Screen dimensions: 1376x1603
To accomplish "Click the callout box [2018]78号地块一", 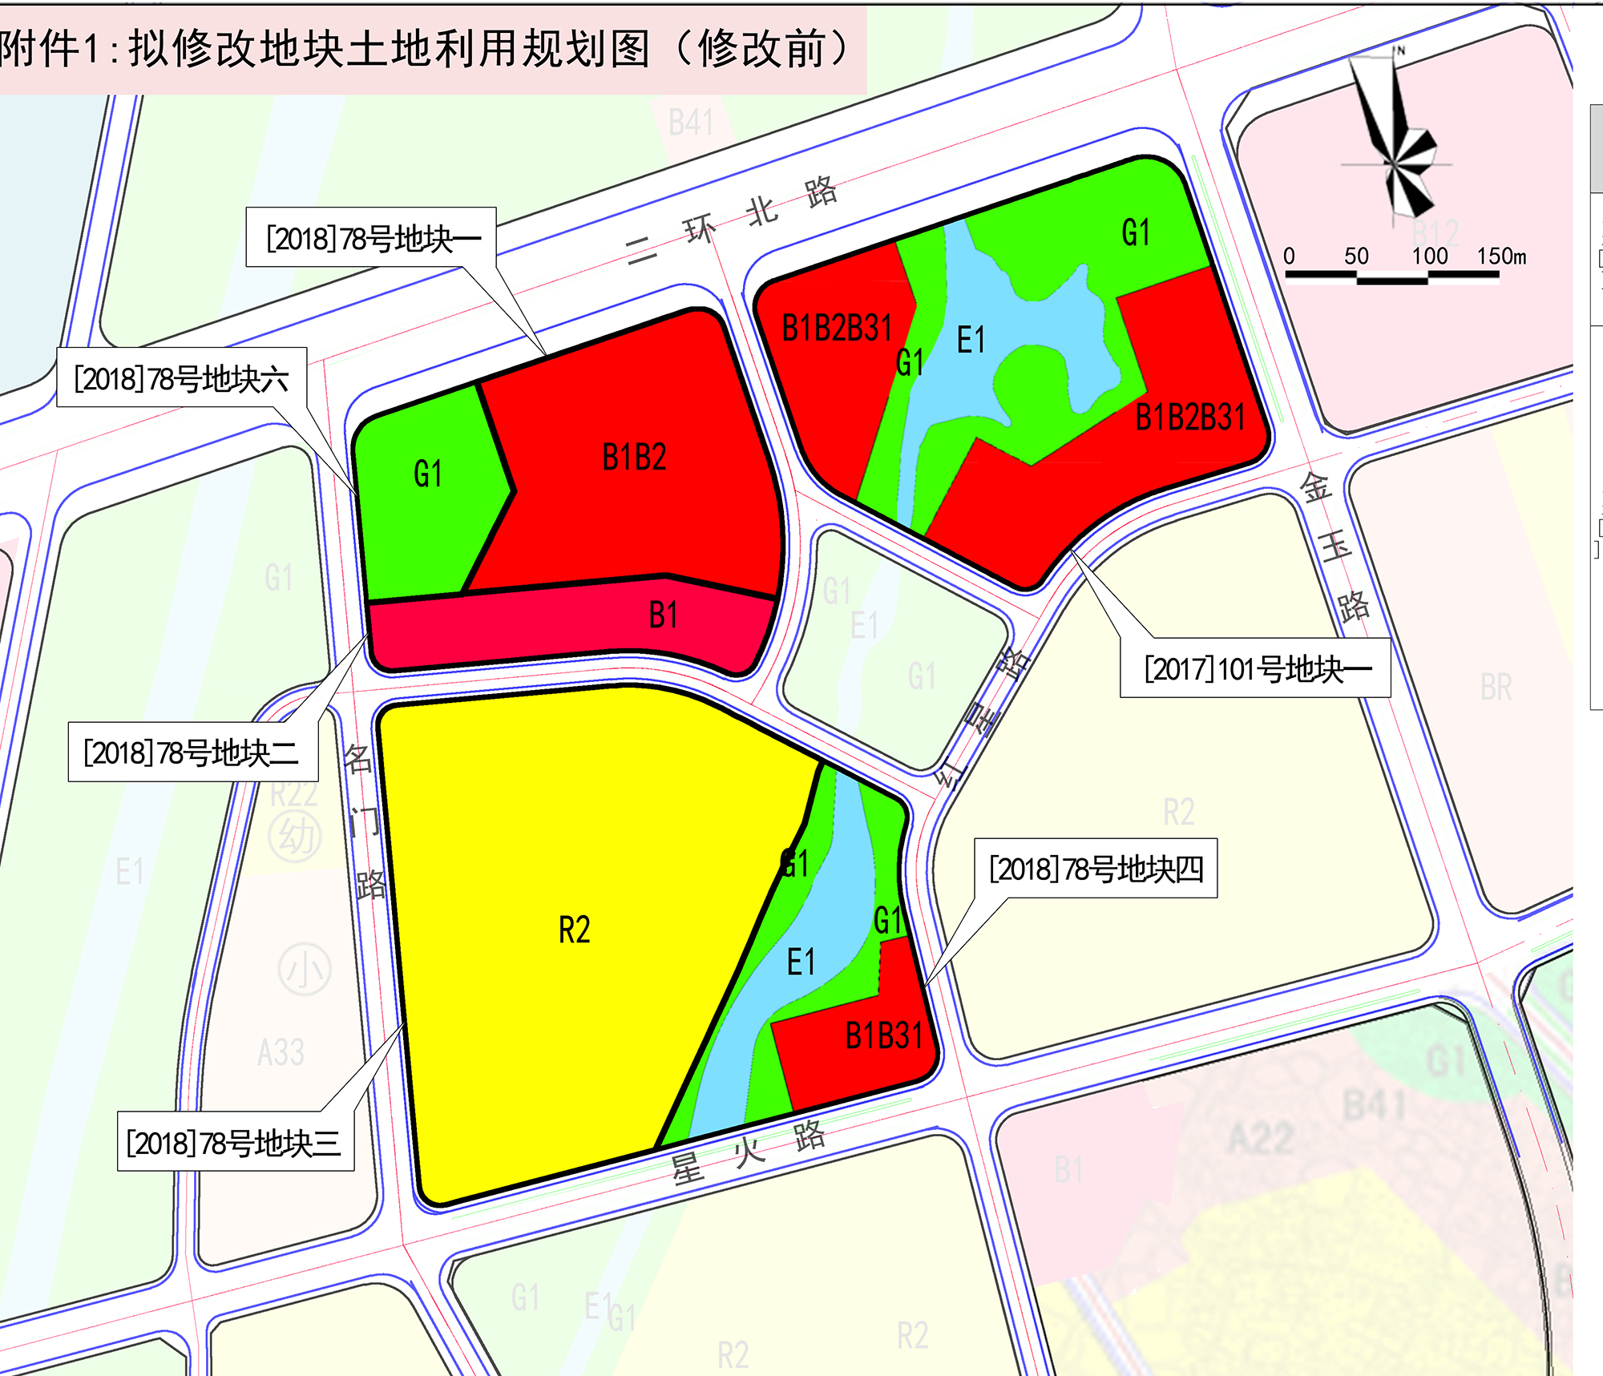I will (x=371, y=238).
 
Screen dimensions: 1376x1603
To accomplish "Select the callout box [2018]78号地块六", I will (x=182, y=377).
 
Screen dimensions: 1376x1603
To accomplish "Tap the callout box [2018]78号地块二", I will (x=192, y=752).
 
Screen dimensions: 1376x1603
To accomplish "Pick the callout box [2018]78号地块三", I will (x=235, y=1142).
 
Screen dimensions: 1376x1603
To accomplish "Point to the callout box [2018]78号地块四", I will (x=1096, y=869).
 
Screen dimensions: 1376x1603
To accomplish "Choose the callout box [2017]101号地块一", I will (x=1255, y=668).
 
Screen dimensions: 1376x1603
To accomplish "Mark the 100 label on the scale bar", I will (x=1429, y=256).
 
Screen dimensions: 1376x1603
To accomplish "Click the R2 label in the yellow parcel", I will (x=574, y=930).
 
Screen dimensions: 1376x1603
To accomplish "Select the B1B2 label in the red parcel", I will (x=634, y=458).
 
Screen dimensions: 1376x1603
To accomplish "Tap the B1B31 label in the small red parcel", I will (x=884, y=1036).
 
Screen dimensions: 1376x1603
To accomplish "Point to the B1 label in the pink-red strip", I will (x=663, y=615).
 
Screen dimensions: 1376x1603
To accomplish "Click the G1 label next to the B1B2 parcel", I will (x=428, y=474).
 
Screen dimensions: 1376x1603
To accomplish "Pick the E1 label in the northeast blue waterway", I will (x=971, y=341).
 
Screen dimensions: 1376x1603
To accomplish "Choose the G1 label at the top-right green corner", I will (x=1136, y=233).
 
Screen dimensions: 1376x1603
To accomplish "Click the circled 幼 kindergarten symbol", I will (x=295, y=837).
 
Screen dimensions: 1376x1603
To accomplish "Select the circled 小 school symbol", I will (x=304, y=970).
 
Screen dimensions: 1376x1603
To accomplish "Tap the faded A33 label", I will (x=281, y=1052).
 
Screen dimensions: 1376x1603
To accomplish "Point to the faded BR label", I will (x=1496, y=688).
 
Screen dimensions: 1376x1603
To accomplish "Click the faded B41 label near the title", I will (x=691, y=123).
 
